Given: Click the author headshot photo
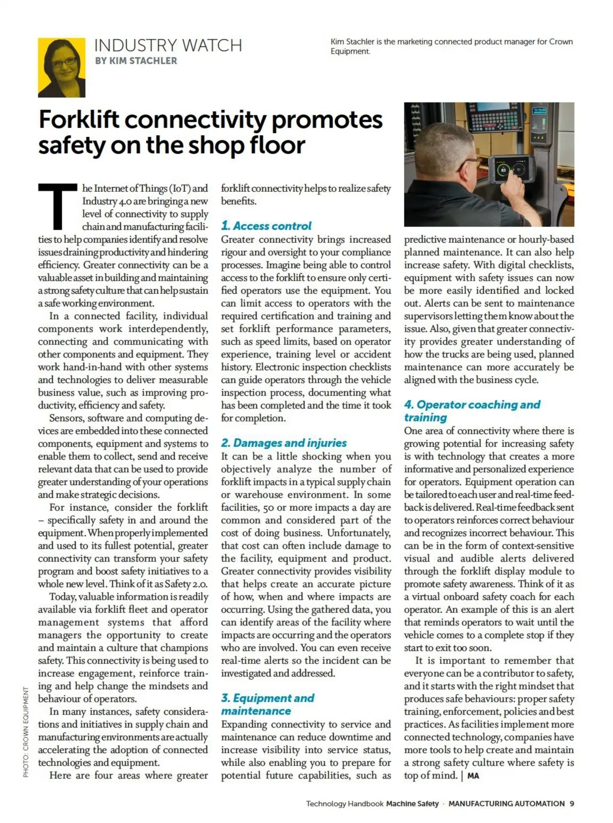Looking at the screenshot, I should [61, 67].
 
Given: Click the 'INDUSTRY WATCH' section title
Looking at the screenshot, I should [168, 45].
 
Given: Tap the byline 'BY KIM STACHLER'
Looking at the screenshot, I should [136, 61].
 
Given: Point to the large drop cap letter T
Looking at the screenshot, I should [57, 207].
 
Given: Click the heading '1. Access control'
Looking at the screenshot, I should [266, 226].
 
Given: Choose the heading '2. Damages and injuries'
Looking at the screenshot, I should [284, 443].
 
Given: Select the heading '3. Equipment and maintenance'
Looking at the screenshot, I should [268, 705].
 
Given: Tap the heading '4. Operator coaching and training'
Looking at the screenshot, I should [471, 411].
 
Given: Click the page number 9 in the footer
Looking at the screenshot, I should [572, 804].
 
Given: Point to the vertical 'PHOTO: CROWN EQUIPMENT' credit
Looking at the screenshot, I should [26, 732].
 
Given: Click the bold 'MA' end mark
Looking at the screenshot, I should [473, 776].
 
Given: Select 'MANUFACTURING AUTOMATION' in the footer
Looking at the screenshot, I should [506, 804].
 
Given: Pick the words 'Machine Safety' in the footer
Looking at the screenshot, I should [412, 804].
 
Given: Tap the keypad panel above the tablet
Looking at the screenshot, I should [488, 123].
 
